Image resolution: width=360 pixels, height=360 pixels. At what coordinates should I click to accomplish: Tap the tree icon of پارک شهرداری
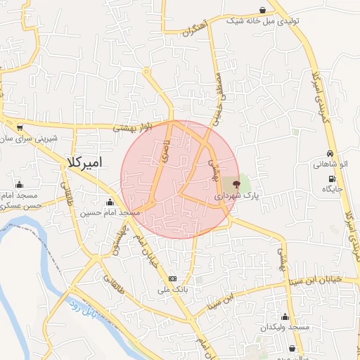coord(236,185)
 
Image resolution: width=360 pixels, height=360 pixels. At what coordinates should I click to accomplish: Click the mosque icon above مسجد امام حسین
coord(109,203)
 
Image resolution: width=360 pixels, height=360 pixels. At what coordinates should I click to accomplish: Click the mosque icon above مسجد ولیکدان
coord(284,317)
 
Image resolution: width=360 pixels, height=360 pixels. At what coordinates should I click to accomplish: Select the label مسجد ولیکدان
coord(284,328)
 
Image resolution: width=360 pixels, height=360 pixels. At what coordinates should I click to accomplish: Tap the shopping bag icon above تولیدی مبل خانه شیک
coord(262,11)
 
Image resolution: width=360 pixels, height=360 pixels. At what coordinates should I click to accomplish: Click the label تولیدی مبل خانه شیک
coord(263,21)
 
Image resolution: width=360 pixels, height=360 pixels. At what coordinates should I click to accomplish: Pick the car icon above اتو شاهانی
coord(330,155)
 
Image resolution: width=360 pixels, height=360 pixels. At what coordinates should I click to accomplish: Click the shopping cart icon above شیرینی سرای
coord(19,128)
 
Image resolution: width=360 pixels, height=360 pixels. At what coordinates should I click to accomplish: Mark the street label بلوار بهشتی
coord(134,127)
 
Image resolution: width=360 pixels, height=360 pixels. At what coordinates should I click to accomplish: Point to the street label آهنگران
coord(195,28)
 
